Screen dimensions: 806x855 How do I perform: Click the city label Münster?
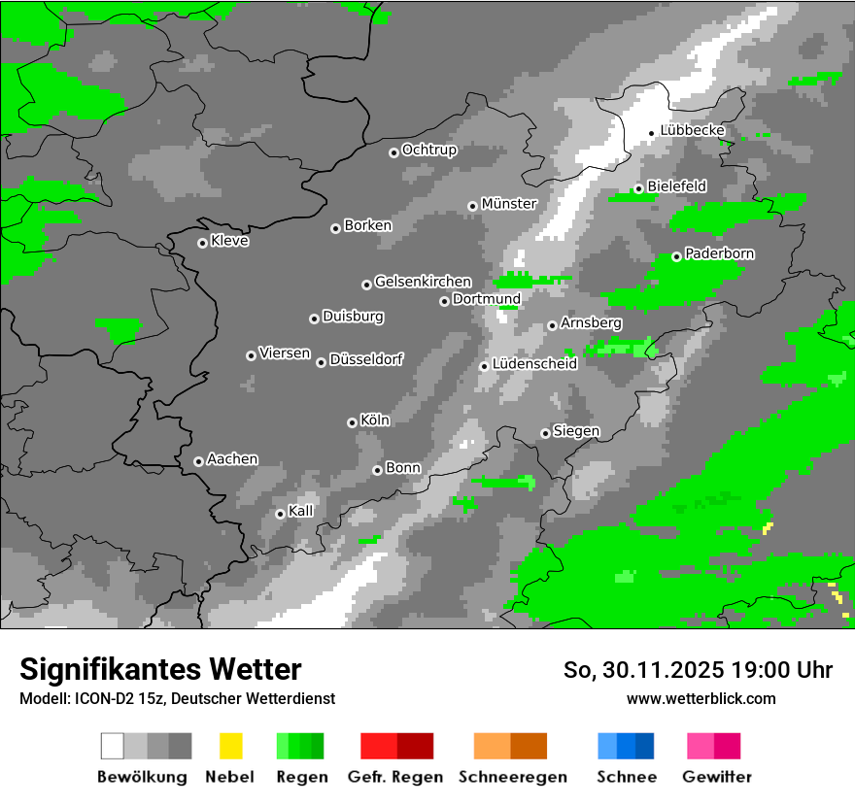coord(509,204)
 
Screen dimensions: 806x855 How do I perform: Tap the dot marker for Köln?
coord(352,422)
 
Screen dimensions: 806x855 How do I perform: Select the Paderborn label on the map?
coord(720,254)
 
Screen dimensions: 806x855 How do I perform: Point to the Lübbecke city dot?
coord(651,133)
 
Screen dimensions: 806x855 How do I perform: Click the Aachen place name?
coord(232,459)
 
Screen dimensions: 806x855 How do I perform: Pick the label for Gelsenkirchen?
coord(423,283)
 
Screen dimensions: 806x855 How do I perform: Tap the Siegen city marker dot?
coord(545,433)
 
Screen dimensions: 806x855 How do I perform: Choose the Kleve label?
coord(230,241)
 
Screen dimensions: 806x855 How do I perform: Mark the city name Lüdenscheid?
coord(534,364)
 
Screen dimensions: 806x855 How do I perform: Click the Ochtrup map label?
coord(429,151)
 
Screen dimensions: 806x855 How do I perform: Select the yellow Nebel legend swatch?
coord(231,746)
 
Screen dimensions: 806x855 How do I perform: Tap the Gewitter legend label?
coord(717,777)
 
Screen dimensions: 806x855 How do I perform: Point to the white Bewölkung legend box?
coord(112,746)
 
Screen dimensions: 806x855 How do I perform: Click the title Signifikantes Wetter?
coord(160,670)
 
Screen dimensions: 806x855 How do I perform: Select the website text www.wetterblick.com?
coord(701,698)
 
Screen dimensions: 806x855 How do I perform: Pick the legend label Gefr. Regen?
coord(395,777)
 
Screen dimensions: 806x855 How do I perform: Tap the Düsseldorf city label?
coord(366,360)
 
